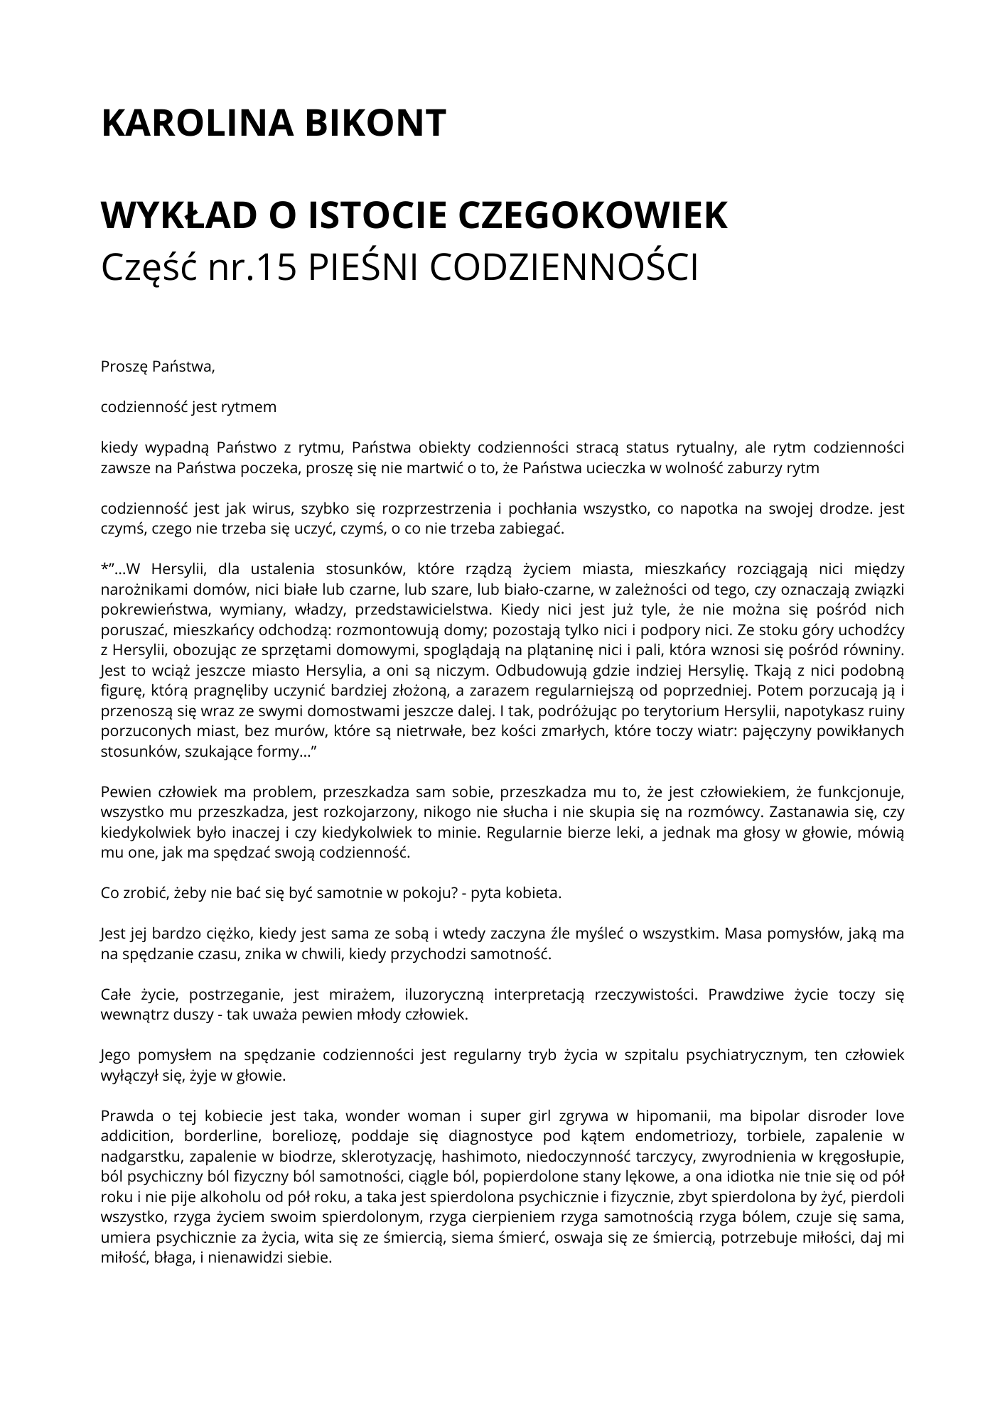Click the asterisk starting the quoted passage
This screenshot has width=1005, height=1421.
pyautogui.click(x=104, y=568)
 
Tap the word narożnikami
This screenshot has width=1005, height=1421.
pyautogui.click(x=139, y=589)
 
